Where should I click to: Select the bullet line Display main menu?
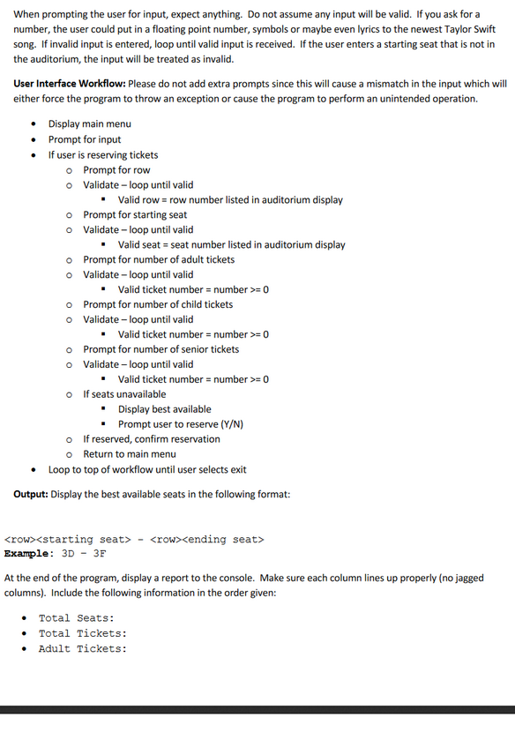(x=89, y=124)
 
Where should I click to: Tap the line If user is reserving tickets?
(x=103, y=154)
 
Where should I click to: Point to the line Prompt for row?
(x=116, y=169)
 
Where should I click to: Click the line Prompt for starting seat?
(x=135, y=214)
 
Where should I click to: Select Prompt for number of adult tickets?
(x=159, y=259)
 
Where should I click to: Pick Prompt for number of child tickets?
(x=158, y=304)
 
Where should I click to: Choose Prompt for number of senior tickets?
(x=160, y=349)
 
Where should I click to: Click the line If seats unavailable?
(x=124, y=394)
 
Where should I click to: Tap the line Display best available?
(x=165, y=409)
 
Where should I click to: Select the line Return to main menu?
(x=130, y=454)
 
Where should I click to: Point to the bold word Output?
(x=31, y=494)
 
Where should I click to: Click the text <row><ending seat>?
(x=207, y=539)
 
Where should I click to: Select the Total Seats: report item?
(x=76, y=618)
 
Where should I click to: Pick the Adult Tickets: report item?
(x=82, y=648)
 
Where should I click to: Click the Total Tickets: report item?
(x=82, y=633)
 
